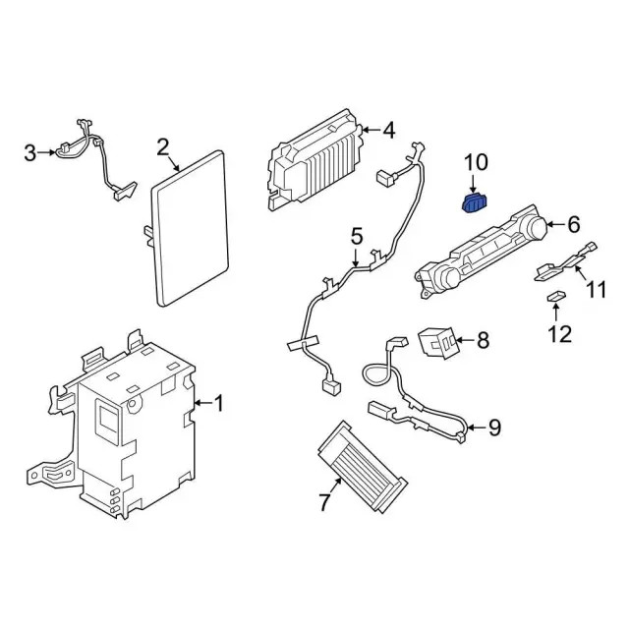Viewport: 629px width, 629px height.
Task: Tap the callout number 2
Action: click(162, 147)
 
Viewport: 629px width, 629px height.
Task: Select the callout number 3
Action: click(29, 152)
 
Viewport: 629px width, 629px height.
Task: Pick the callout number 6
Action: click(574, 224)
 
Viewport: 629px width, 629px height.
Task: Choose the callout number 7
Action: click(324, 503)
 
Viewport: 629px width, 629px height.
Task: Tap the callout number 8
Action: click(482, 341)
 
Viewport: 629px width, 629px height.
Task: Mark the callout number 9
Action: click(494, 427)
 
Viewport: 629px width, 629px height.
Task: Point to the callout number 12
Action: click(558, 334)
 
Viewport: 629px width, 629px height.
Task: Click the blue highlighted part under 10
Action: click(475, 203)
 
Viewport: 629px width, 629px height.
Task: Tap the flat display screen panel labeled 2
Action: click(190, 226)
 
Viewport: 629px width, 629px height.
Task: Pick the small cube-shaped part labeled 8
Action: click(437, 342)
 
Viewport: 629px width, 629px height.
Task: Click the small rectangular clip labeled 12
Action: click(554, 296)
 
